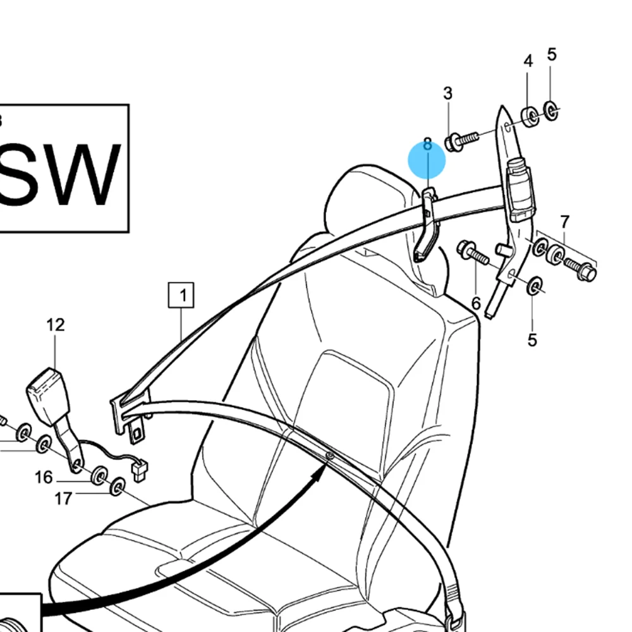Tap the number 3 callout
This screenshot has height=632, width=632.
pyautogui.click(x=447, y=94)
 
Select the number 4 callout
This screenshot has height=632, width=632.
pyautogui.click(x=528, y=61)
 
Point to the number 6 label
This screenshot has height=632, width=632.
pyautogui.click(x=476, y=303)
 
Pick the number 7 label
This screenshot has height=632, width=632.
pyautogui.click(x=564, y=222)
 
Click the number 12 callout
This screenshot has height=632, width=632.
pyautogui.click(x=56, y=325)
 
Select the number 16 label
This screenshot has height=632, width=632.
pyautogui.click(x=44, y=477)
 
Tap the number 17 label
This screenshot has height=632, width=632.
pyautogui.click(x=63, y=499)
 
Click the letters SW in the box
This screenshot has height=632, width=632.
pyautogui.click(x=60, y=174)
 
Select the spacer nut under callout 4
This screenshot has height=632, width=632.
pyautogui.click(x=529, y=116)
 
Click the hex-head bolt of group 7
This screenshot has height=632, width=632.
pyautogui.click(x=581, y=270)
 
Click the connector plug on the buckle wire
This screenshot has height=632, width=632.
pyautogui.click(x=139, y=469)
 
